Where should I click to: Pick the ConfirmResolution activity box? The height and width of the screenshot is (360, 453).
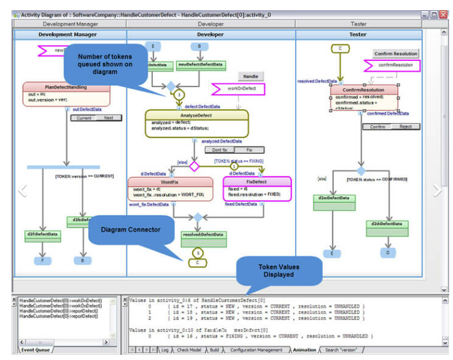coord(364,98)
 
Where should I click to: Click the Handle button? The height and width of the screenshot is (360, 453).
coord(251,76)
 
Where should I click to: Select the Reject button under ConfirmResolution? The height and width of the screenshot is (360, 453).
coord(405,127)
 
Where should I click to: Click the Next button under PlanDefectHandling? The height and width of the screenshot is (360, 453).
coord(108,117)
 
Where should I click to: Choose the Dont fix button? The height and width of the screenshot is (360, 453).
coord(220,150)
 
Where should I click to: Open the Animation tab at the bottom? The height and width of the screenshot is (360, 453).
coord(304,350)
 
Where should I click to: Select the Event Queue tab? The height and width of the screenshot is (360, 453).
coord(36,350)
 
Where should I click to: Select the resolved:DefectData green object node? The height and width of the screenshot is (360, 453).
coord(203,238)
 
